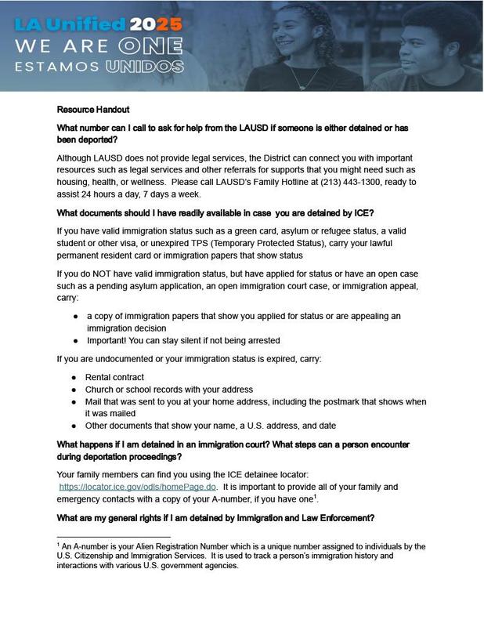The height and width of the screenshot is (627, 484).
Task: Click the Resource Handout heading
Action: point(92,109)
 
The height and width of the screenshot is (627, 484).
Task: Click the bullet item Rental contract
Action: point(114,377)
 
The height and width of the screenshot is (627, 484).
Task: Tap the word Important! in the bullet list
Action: point(107,340)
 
